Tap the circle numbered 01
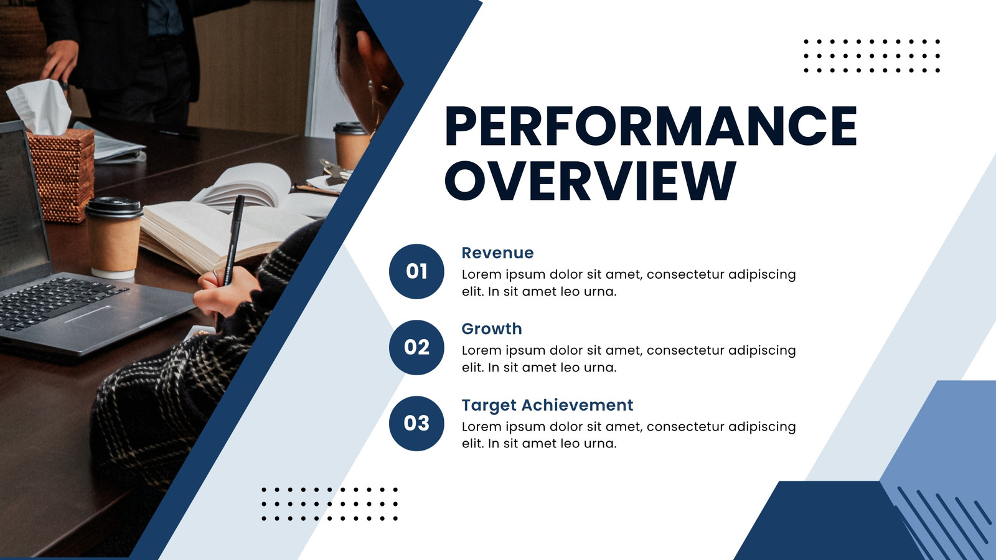point(416,271)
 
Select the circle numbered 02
point(416,347)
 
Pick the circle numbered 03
point(416,423)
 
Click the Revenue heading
point(497,253)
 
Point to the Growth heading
point(492,329)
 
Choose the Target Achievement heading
point(547,405)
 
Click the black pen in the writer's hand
point(234,240)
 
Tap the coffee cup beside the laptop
point(114,237)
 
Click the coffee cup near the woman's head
point(351,145)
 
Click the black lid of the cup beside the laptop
point(114,207)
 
